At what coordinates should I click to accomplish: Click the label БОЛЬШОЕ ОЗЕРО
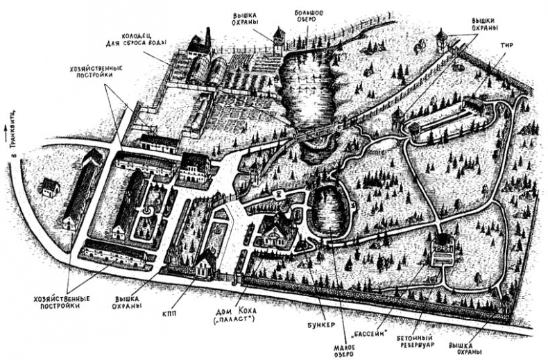point(313,15)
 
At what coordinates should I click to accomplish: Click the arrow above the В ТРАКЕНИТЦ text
point(8,128)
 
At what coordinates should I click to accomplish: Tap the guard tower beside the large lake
point(279,42)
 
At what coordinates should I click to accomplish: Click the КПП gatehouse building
point(205,264)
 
